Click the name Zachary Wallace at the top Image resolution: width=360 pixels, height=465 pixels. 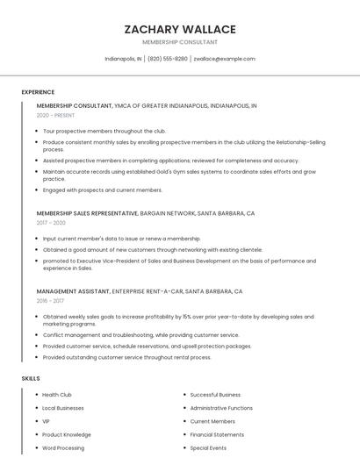coord(180,29)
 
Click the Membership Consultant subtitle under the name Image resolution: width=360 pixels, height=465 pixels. coord(180,42)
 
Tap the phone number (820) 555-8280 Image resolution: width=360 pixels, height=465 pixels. coord(167,59)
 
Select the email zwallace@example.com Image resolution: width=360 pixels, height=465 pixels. coord(224,59)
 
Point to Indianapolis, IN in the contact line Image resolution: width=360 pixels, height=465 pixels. coord(123,59)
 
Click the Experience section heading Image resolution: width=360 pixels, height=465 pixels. coord(38,92)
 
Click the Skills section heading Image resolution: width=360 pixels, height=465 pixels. coord(31,378)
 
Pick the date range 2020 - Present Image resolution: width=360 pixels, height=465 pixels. coord(56,115)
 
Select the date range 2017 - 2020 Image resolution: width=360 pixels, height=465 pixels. coord(52,223)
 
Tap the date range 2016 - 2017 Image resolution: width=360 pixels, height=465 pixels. coord(51,301)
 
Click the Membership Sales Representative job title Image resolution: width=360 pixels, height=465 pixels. coord(87,213)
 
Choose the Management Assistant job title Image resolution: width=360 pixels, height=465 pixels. coord(73,291)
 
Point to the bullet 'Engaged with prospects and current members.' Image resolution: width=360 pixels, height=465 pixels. coord(102,190)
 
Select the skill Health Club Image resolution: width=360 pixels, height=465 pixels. coord(57,395)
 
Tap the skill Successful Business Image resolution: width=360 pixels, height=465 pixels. coord(214,395)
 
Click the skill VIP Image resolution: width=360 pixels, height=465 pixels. coord(46,421)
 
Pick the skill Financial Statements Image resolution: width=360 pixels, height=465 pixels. coord(217,434)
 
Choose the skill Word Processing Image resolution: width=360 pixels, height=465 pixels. coord(63,447)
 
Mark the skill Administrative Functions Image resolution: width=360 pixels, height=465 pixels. coord(221,408)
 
